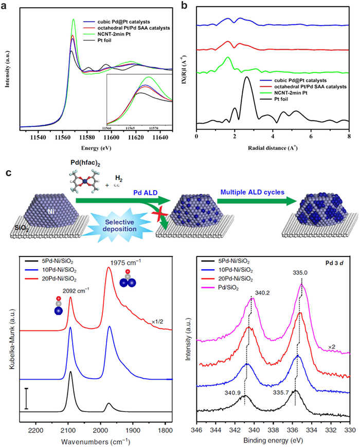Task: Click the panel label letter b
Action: [x=184, y=5]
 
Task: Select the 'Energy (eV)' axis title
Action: [x=96, y=148]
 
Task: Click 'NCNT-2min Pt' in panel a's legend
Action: [x=114, y=34]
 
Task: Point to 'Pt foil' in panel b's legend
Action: [x=281, y=99]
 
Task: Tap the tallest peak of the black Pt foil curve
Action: [x=247, y=77]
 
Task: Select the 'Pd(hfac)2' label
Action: [x=85, y=163]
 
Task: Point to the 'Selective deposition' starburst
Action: [x=119, y=225]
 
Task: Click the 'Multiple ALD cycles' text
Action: [x=253, y=193]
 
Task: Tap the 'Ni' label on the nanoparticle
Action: [x=51, y=211]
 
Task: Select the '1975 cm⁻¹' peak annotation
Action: [x=125, y=263]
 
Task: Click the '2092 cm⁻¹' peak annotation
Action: [x=76, y=291]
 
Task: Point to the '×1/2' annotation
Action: [x=157, y=322]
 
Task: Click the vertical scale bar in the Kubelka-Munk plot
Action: [x=26, y=399]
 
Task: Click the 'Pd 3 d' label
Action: [x=334, y=263]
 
